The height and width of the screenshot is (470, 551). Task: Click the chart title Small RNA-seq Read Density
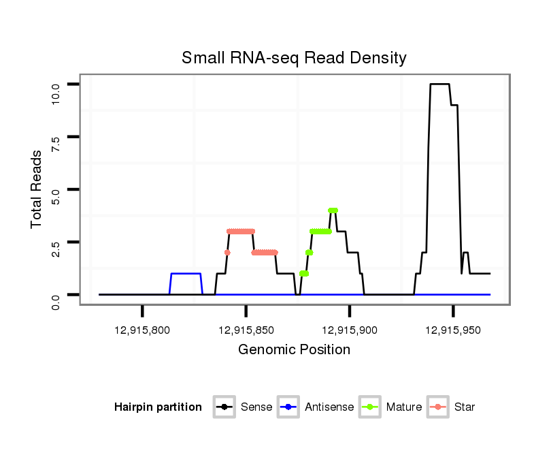pos(294,58)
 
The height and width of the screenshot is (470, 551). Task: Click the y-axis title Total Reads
pos(37,189)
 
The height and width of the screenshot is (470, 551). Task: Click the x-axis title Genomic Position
pos(294,350)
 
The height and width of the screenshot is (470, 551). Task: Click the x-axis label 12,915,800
pos(142,330)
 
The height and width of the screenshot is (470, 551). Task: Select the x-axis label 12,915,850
pos(246,330)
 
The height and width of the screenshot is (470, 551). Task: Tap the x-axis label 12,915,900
pos(350,330)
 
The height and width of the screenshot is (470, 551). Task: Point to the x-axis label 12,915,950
pos(453,330)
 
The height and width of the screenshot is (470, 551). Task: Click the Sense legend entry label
pos(256,407)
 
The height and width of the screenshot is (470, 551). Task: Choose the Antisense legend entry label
pos(329,407)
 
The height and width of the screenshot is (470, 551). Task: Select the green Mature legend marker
pos(369,407)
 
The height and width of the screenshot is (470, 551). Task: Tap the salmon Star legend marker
pos(437,407)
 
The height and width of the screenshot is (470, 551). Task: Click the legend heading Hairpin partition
pos(158,407)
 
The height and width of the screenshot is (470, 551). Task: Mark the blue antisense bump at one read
pos(186,273)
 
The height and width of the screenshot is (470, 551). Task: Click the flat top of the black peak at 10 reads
pos(439,84)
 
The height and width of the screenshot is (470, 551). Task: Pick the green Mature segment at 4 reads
pos(333,210)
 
